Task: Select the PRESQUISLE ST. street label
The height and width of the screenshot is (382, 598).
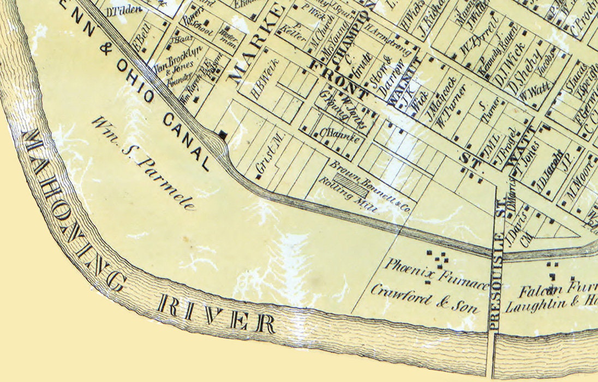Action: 496,278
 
